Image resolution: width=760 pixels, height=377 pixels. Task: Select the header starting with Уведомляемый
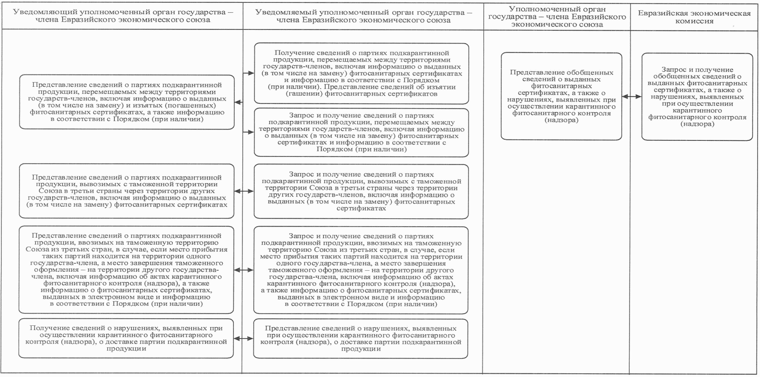coord(363,16)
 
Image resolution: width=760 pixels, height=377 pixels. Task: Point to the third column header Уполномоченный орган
coord(557,17)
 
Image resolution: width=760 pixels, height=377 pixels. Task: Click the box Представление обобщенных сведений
coord(561,96)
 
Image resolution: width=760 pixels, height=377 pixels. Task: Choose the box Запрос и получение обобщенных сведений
coord(697,97)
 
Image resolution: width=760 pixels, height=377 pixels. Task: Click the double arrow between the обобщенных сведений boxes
coord(632,96)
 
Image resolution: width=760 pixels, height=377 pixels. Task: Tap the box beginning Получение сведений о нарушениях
coord(126,338)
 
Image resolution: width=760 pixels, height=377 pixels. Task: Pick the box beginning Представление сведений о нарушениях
coord(361,338)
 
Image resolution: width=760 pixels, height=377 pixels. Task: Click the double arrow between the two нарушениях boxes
coord(244,338)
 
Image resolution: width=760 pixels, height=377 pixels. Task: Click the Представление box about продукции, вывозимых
coord(126,191)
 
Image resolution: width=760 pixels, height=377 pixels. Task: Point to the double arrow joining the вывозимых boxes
coord(244,191)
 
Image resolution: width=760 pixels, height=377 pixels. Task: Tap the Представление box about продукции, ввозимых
coord(126,269)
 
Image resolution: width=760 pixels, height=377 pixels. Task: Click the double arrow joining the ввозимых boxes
coord(244,269)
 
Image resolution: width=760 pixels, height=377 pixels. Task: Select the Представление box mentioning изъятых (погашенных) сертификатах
coord(126,102)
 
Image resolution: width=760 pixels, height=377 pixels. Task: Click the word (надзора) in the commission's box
coord(697,124)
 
